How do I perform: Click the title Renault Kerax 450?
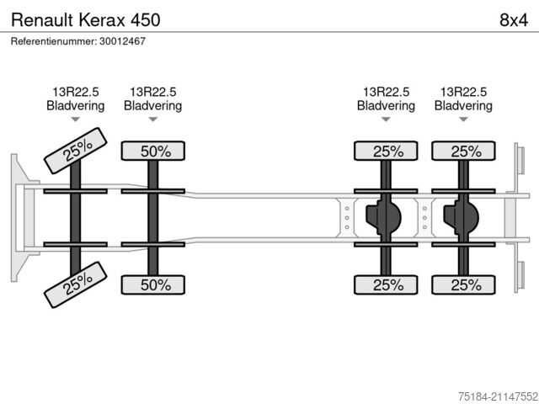click(86, 20)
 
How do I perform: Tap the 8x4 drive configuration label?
click(514, 20)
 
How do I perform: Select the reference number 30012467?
click(122, 41)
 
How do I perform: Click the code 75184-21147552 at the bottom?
click(498, 396)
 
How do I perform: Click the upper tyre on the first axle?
click(76, 151)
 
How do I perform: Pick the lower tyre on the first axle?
click(76, 284)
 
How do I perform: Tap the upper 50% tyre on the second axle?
click(153, 151)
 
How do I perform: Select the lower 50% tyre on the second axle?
click(153, 284)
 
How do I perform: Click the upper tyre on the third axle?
click(386, 151)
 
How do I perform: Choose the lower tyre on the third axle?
click(386, 284)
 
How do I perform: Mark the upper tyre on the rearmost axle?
click(463, 151)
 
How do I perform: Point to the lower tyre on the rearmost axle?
click(463, 284)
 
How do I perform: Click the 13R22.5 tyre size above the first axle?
click(76, 92)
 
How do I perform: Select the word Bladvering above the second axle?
click(153, 105)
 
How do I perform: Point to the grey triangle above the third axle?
click(386, 120)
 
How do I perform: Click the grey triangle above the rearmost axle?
click(463, 120)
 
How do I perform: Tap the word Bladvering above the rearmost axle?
click(463, 105)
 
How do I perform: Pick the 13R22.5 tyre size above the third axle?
click(386, 92)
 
